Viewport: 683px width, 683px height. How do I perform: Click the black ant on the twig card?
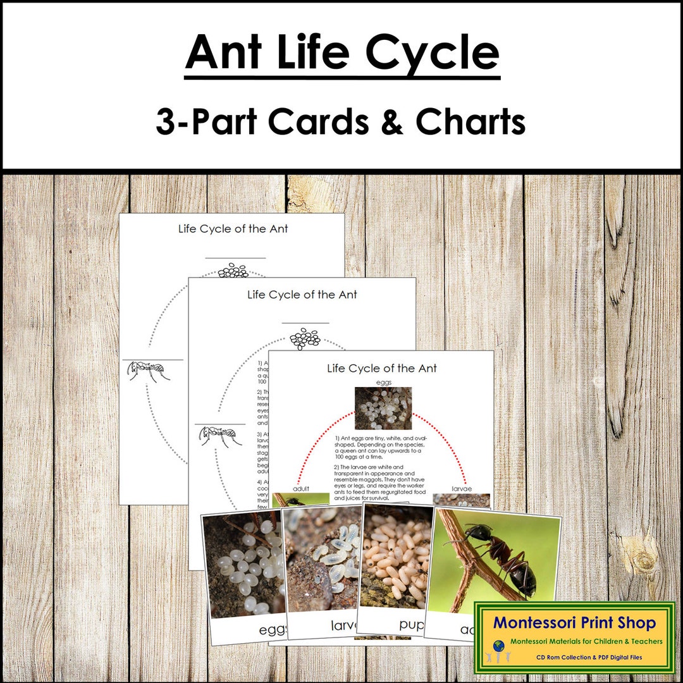pos(503,557)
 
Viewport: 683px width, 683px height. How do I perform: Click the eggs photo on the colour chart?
pos(383,409)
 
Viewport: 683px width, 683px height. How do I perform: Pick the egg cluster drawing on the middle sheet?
pos(305,338)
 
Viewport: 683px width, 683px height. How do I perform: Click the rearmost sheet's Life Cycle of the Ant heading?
pos(233,229)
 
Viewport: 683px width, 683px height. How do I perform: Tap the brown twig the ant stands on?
pos(468,563)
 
